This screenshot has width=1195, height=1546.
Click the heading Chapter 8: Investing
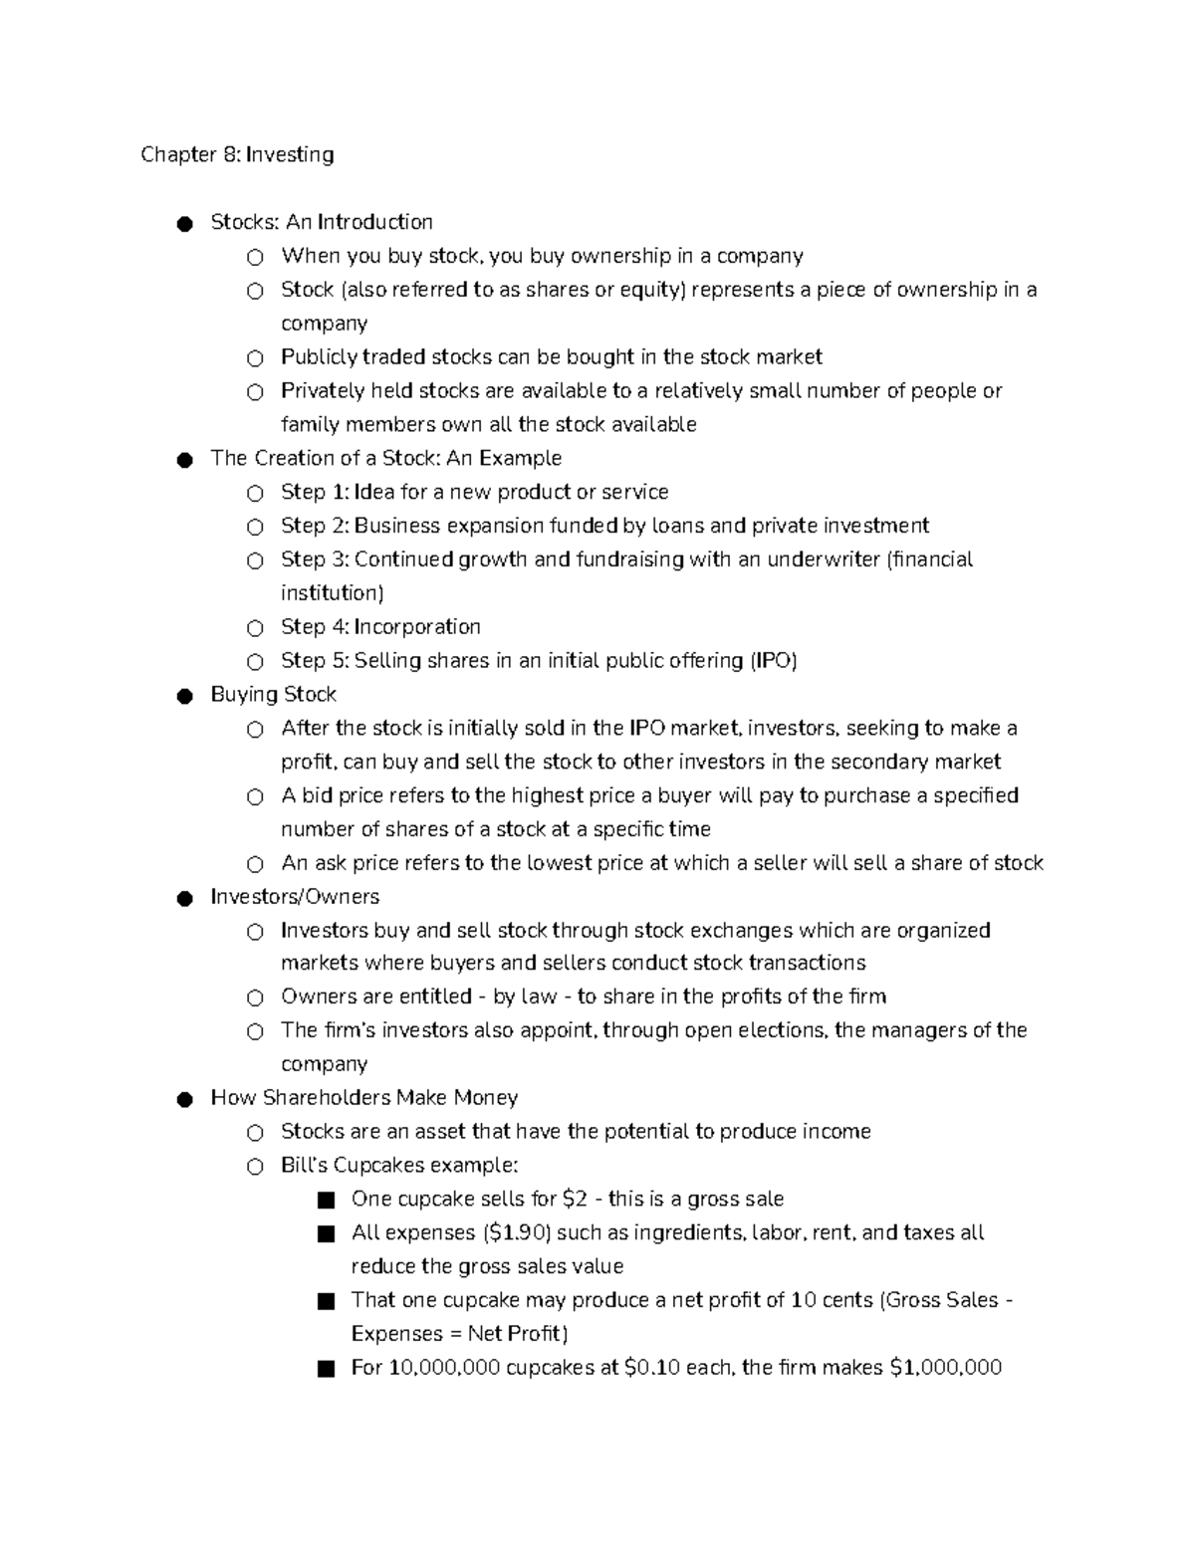pyautogui.click(x=237, y=154)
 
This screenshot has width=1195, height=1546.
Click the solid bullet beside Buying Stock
pyautogui.click(x=184, y=696)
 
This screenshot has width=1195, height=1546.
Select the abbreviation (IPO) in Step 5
pyautogui.click(x=774, y=661)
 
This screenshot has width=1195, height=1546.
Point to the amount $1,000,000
pyautogui.click(x=945, y=1368)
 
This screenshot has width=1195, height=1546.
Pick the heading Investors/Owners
pyautogui.click(x=295, y=897)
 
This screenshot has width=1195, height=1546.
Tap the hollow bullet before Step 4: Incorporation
pyautogui.click(x=256, y=628)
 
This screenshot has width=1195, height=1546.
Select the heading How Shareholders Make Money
pyautogui.click(x=363, y=1098)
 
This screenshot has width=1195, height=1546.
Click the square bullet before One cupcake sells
pyautogui.click(x=326, y=1201)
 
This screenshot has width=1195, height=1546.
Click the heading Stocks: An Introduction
pyautogui.click(x=322, y=222)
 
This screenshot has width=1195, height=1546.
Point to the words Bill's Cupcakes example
pyautogui.click(x=399, y=1166)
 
